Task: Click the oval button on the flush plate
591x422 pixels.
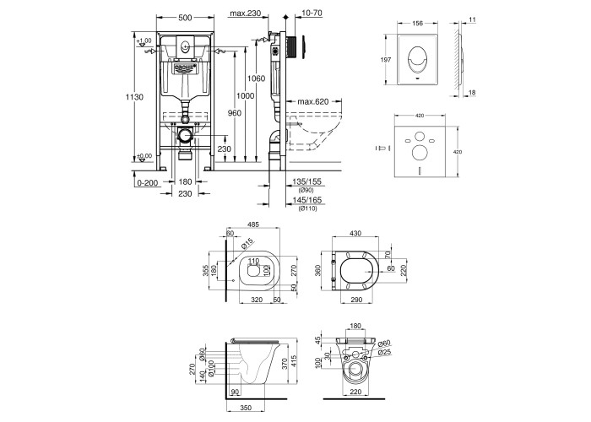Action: click(x=415, y=61)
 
